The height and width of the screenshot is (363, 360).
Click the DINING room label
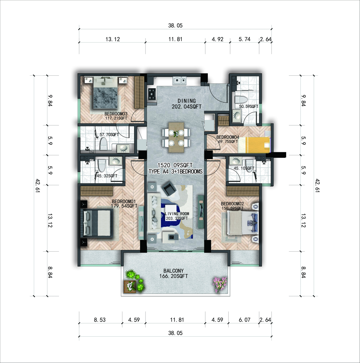pyautogui.click(x=186, y=101)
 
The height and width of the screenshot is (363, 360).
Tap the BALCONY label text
pyautogui.click(x=174, y=271)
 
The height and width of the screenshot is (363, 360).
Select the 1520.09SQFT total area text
pyautogui.click(x=175, y=165)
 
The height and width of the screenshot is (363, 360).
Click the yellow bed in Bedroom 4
pyautogui.click(x=254, y=145)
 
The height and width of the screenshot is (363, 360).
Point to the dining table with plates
pyautogui.click(x=176, y=137)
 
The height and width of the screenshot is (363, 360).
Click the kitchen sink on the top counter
pyautogui.click(x=179, y=80)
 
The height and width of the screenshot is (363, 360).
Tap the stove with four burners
pyautogui.click(x=152, y=94)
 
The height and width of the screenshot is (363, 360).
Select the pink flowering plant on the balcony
pyautogui.click(x=219, y=284)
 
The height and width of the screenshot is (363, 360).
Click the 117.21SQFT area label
pyautogui.click(x=116, y=118)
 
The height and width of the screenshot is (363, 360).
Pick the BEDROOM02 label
pyautogui.click(x=232, y=204)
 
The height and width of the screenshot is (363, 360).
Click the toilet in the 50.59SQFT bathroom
pyautogui.click(x=241, y=100)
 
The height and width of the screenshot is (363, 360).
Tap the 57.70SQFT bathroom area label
pyautogui.click(x=109, y=134)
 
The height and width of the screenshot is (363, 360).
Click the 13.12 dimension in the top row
pyautogui.click(x=113, y=39)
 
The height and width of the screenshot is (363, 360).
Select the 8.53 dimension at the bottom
pyautogui.click(x=100, y=320)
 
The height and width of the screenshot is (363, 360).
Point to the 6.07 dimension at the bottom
pyautogui.click(x=244, y=320)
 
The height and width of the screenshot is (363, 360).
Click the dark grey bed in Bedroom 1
pyautogui.click(x=96, y=223)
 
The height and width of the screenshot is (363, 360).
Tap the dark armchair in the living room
pyautogui.click(x=169, y=188)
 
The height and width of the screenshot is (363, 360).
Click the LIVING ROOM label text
pyautogui.click(x=177, y=214)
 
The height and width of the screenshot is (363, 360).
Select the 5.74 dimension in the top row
pyautogui.click(x=244, y=39)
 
